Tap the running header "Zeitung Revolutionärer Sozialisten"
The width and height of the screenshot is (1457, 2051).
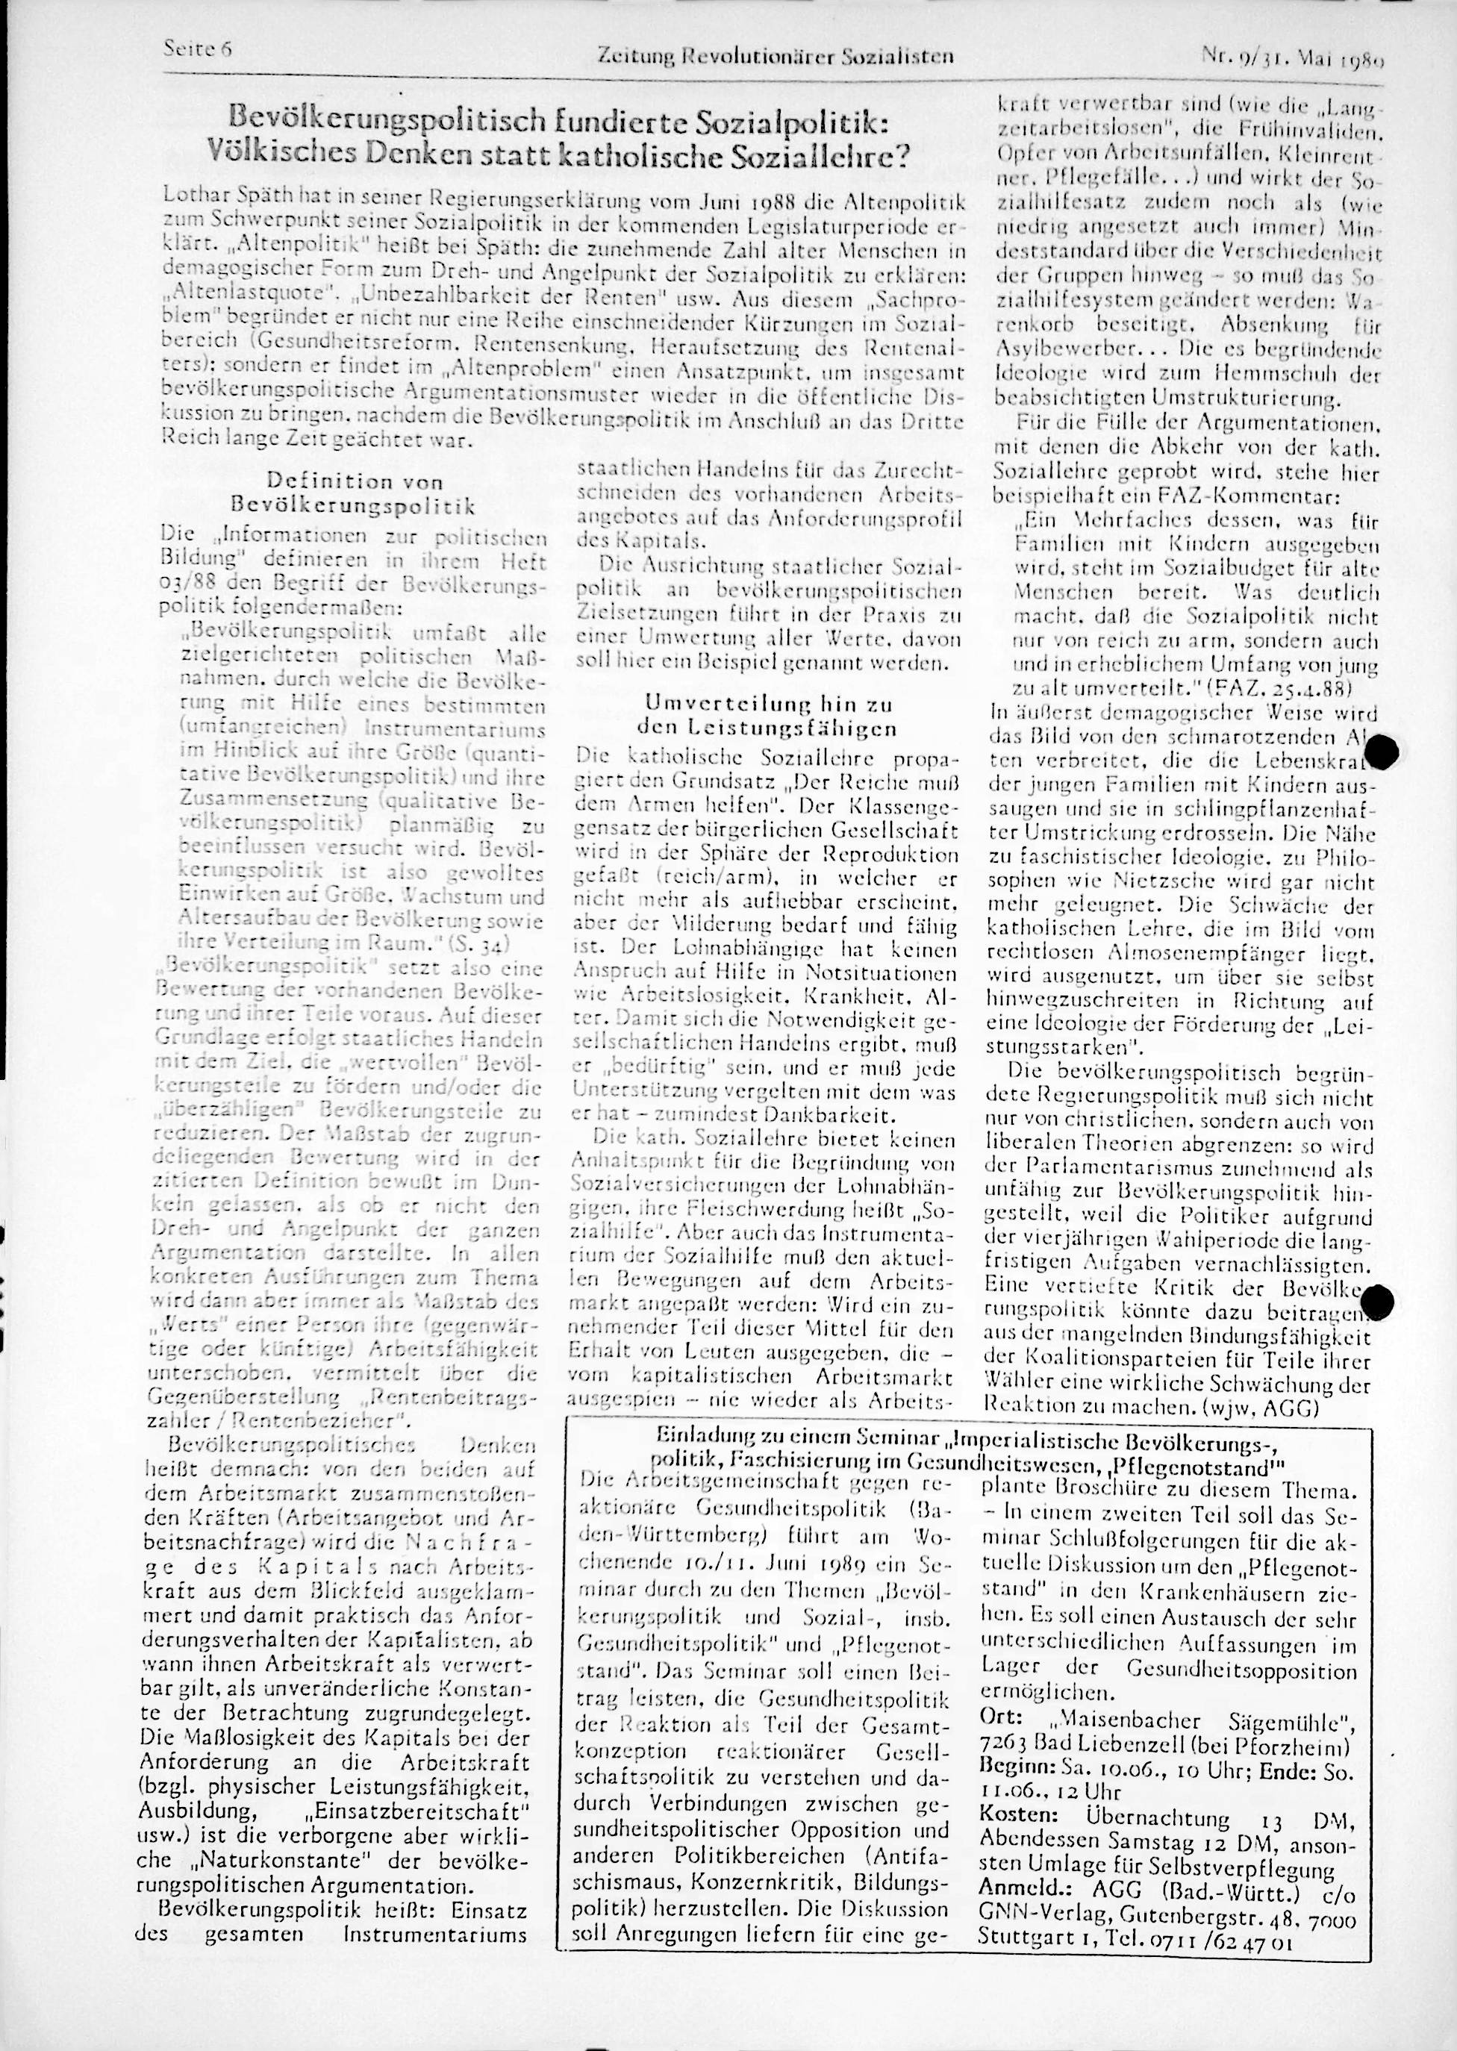pyautogui.click(x=773, y=57)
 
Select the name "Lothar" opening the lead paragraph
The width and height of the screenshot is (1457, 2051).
pyautogui.click(x=195, y=195)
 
